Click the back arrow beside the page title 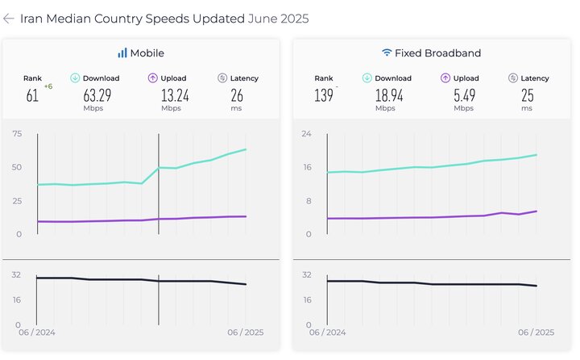(9, 19)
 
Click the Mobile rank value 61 (32, 96)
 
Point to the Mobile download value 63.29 (98, 96)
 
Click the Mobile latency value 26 (236, 96)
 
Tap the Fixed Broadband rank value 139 (323, 96)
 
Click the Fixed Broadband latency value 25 (528, 96)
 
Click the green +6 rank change (48, 86)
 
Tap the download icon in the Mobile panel (76, 78)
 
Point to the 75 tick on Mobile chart (16, 134)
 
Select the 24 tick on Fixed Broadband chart (306, 134)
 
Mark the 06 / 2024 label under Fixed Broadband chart (328, 333)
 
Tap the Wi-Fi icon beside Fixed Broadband (387, 53)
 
